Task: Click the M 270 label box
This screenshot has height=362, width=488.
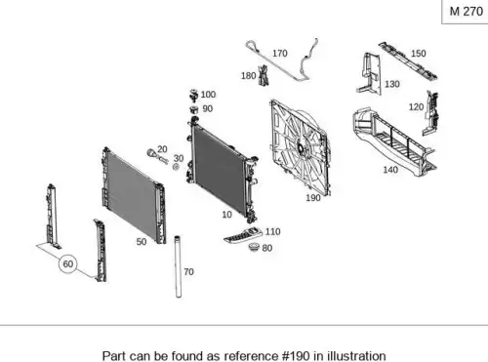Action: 466,12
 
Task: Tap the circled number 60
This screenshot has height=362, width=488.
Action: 67,263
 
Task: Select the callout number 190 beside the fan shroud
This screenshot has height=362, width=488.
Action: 313,198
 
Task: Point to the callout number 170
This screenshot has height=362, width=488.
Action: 280,54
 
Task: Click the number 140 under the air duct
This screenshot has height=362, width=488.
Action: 390,170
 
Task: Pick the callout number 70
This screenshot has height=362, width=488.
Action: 188,271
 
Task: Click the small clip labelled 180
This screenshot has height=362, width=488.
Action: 264,75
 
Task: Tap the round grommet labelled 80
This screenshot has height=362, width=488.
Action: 254,247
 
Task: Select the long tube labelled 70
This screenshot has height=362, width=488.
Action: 178,266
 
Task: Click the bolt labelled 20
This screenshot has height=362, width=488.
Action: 156,156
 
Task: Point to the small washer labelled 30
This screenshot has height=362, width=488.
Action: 176,167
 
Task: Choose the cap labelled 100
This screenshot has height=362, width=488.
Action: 194,96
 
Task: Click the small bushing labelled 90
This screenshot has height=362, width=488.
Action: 194,109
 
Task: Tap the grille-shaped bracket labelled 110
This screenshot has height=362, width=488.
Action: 243,235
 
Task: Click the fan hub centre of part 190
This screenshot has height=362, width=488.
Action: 301,149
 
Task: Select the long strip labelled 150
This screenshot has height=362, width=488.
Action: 408,61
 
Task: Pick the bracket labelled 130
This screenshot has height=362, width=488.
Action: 370,73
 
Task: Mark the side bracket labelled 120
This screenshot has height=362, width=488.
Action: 430,113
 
